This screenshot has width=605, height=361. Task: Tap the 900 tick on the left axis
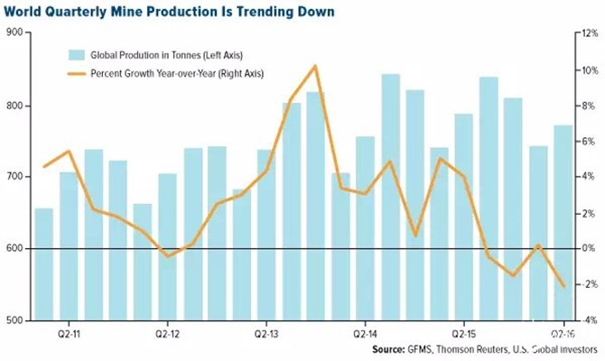pos(14,32)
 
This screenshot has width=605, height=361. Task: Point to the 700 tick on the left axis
pos(14,177)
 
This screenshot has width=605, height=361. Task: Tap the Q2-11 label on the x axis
pos(69,334)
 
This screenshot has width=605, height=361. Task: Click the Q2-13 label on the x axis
pos(266,334)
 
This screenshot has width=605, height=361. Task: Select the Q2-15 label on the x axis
pos(464,334)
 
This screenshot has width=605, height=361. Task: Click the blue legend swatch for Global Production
pos(77,55)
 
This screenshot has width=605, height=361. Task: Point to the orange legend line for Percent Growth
pos(77,73)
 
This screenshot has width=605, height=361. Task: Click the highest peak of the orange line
pos(316,67)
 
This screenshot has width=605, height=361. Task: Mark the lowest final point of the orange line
pos(563,287)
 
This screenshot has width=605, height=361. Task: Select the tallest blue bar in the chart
pos(390,197)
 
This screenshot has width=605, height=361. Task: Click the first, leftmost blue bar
pos(44,264)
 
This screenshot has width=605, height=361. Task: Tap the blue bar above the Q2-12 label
pos(167,247)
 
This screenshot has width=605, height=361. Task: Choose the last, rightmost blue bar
pos(563,223)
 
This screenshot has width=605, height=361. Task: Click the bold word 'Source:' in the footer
pos(388,349)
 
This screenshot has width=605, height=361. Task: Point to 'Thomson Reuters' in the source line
pos(472,349)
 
